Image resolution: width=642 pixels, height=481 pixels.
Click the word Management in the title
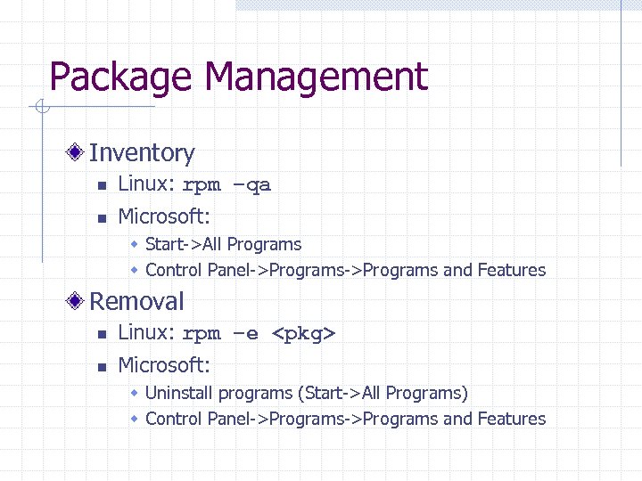tap(316, 77)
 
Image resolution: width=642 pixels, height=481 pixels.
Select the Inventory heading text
tap(142, 153)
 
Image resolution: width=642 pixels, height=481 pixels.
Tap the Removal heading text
tap(136, 301)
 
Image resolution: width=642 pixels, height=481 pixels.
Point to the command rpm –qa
tap(226, 186)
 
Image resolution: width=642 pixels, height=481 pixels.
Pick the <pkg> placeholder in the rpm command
tap(303, 335)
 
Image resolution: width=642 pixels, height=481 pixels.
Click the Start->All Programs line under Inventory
tap(223, 244)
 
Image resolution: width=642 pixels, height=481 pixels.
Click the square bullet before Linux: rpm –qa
tap(102, 186)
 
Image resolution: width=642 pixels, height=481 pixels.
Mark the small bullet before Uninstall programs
tap(134, 393)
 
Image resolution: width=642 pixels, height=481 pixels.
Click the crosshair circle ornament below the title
tap(41, 109)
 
